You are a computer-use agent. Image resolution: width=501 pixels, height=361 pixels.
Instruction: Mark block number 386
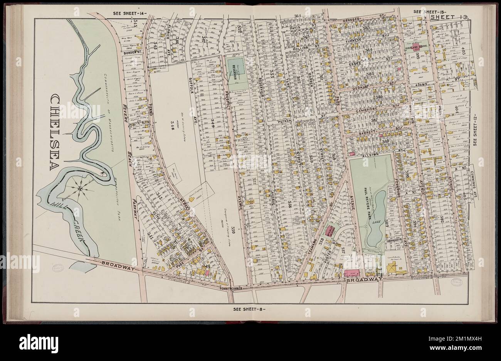click(x=379, y=96)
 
